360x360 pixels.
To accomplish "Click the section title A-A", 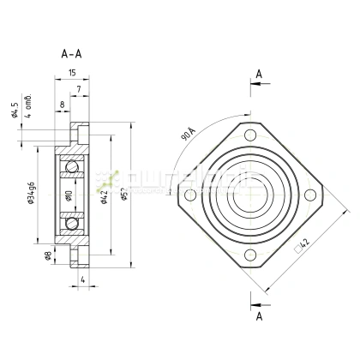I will [74, 52].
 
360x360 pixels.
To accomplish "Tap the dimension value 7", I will [78, 89].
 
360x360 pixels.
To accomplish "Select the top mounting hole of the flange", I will [249, 136].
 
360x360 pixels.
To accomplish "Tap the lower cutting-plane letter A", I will [258, 315].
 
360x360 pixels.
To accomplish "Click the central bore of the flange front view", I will [249, 196].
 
